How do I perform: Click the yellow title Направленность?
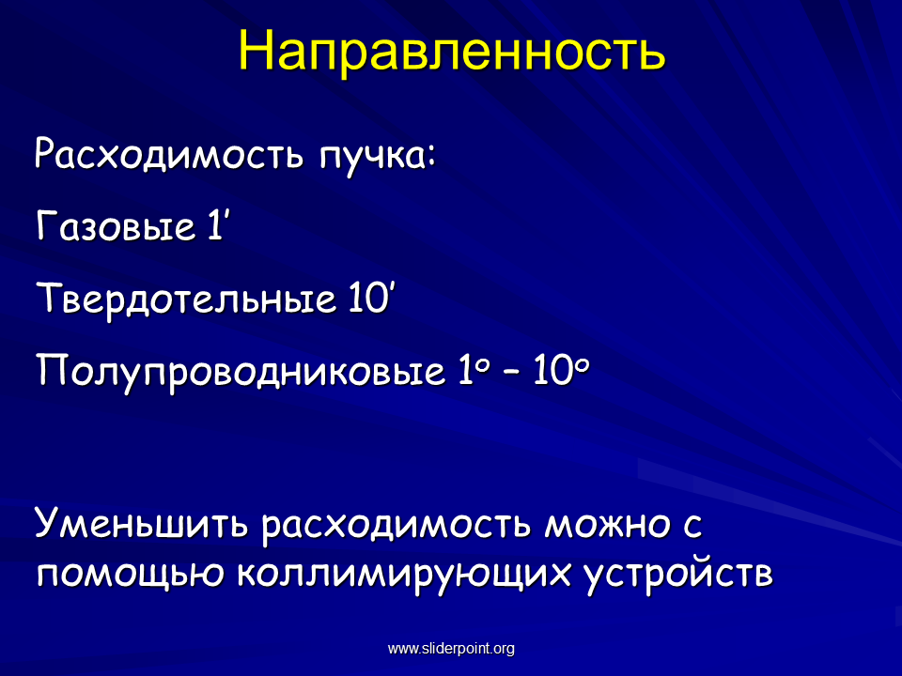[x=452, y=51]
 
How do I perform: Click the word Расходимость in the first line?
[x=168, y=154]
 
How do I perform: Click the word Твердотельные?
[x=186, y=299]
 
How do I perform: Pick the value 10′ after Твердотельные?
[x=371, y=298]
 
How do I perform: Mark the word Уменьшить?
[x=142, y=522]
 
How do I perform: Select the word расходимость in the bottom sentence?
[x=396, y=524]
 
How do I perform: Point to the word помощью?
[x=130, y=574]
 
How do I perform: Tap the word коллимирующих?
[x=404, y=575]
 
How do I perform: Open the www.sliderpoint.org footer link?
[x=451, y=649]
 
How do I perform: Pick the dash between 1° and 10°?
[x=511, y=373]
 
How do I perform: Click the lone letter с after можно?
[x=692, y=526]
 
